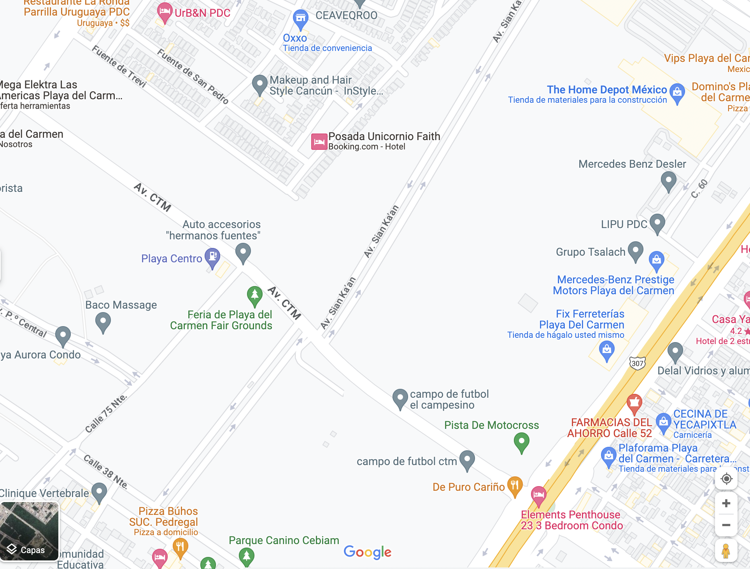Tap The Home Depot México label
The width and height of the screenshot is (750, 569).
point(606,90)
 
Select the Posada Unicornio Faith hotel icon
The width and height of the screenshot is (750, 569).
point(319,142)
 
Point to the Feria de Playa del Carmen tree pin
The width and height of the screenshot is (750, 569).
point(254,296)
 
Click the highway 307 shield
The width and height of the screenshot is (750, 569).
point(637,363)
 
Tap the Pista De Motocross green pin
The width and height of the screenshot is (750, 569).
point(521,443)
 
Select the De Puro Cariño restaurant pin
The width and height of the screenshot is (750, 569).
point(515,486)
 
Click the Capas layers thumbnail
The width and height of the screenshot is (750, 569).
point(30,531)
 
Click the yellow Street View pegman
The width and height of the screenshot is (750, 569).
point(726,551)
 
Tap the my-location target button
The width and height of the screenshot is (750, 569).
point(726,479)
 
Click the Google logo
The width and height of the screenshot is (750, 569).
point(368,552)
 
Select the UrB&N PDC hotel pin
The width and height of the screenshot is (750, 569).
point(165,12)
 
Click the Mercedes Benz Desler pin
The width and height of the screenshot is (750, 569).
point(668,181)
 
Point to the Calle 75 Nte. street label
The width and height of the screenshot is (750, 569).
point(106,414)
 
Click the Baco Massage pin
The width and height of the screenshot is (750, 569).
point(103,322)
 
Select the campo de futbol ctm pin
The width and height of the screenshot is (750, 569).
point(467,460)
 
